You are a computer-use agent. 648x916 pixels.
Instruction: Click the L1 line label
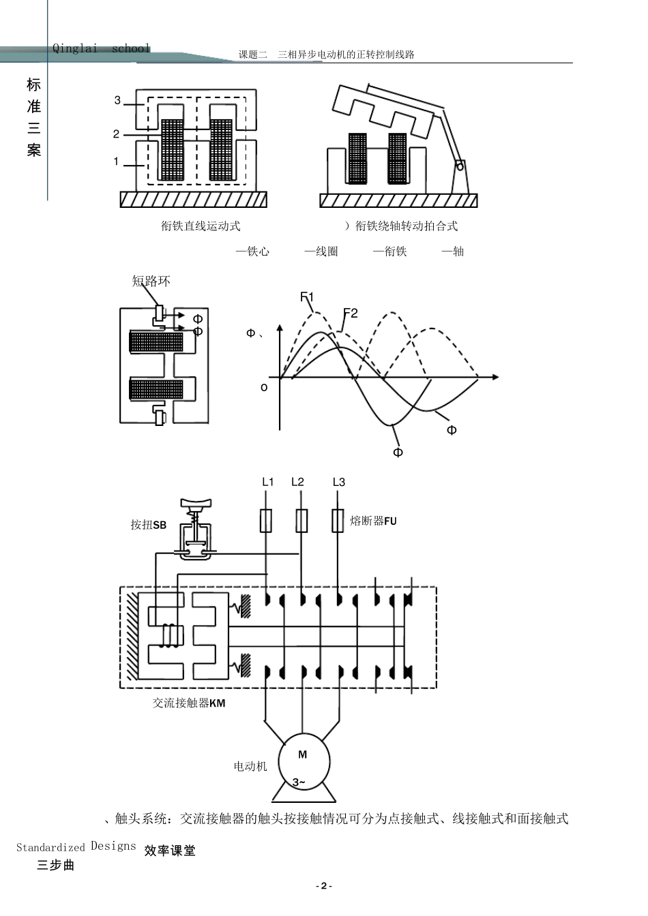pos(268,482)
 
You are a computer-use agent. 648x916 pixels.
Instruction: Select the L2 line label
pos(297,482)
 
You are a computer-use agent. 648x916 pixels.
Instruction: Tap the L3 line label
pos(339,482)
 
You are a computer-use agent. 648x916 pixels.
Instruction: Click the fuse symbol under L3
pos(337,521)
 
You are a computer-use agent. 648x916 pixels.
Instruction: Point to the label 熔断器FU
pos(373,521)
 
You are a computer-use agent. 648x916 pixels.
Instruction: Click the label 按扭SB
pos(149,525)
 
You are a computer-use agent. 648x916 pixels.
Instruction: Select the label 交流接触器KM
pos(189,703)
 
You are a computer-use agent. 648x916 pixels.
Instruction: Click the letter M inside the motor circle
pos(303,754)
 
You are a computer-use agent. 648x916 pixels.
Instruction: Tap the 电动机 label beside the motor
pos(250,767)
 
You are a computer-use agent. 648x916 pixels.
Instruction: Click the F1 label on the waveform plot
pos(307,296)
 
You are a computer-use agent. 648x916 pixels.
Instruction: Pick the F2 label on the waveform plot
pos(351,313)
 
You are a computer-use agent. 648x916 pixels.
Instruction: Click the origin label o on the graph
pos(265,387)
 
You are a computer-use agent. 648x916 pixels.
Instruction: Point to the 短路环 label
pos(151,281)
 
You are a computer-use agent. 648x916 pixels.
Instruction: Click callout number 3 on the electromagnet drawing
pos(117,100)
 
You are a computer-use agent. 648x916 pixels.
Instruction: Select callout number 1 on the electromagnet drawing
pos(116,162)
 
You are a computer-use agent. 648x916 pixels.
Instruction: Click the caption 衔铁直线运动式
pos(201,226)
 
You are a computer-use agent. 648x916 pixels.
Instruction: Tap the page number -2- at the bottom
pos(324,886)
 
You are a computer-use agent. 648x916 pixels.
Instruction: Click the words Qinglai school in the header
pos(101,48)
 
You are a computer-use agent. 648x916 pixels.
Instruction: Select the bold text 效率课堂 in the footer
pos(170,851)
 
